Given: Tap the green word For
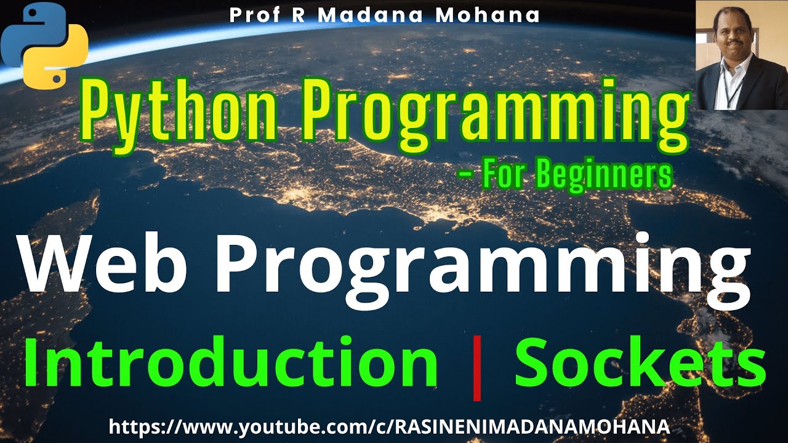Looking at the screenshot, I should point(504,176).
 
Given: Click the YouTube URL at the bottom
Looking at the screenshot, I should point(389,426).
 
